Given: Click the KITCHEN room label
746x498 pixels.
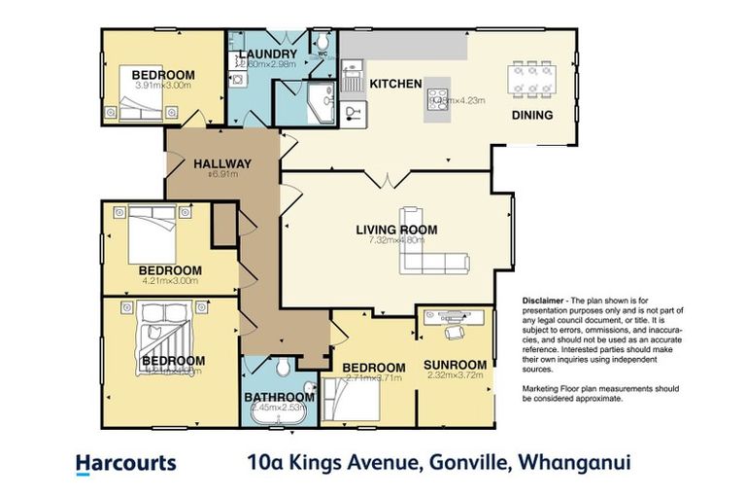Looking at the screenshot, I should [x=395, y=85].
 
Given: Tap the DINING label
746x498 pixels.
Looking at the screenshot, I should [x=532, y=115].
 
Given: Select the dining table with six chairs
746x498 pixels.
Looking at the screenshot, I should [x=532, y=78].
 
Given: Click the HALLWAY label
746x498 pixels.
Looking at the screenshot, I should [x=222, y=163].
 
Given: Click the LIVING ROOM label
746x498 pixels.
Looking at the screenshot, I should [x=395, y=231].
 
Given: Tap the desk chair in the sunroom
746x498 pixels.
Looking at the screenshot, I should [x=455, y=332].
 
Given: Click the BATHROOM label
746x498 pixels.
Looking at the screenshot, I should [x=279, y=397].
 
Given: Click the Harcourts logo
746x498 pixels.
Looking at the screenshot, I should [x=125, y=464].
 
